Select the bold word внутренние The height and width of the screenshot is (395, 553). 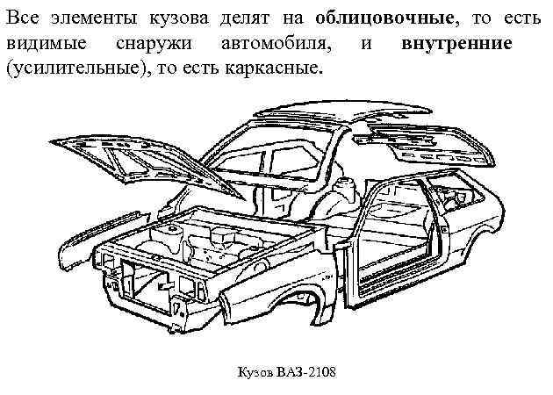coord(456,43)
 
